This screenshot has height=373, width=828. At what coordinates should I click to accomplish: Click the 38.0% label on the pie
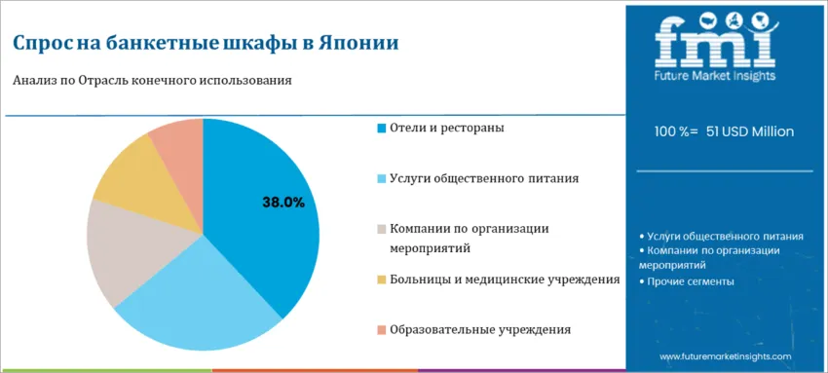[x=283, y=203]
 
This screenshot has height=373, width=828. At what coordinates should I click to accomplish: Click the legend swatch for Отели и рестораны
[x=382, y=129]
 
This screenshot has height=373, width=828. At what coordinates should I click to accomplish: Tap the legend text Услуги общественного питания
[x=484, y=179]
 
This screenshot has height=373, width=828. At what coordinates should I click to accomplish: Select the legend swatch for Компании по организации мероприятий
[x=382, y=230]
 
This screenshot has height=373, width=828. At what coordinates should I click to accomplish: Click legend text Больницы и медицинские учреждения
[x=505, y=280]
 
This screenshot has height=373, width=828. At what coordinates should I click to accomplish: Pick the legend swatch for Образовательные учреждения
[x=382, y=330]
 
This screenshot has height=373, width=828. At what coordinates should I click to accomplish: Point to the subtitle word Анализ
[x=30, y=81]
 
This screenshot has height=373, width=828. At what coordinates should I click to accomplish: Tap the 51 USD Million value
[x=750, y=131]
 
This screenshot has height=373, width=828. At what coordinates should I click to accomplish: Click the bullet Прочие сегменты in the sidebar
[x=686, y=281]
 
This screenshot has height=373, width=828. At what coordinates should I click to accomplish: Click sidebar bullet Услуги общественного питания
[x=721, y=237]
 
